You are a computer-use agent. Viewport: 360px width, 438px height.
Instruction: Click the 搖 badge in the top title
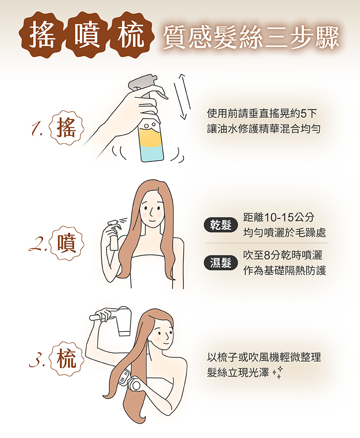42,35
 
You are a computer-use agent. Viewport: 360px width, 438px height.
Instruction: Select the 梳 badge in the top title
131,35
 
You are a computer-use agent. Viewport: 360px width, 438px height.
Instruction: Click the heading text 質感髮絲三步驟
251,37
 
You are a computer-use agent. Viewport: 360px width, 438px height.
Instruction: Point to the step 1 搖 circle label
66,128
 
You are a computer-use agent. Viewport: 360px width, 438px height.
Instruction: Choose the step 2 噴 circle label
67,243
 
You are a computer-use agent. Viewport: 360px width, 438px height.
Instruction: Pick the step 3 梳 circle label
67,359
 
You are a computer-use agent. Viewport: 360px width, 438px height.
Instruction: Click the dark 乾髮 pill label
220,225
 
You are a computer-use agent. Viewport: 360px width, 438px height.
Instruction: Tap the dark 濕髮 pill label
220,263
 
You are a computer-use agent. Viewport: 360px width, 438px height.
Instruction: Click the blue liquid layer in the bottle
152,154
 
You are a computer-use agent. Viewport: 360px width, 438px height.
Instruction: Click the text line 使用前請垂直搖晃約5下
262,113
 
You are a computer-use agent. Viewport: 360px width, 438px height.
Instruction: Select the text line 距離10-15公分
279,217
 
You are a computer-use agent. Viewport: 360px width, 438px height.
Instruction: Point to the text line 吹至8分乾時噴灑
283,255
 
